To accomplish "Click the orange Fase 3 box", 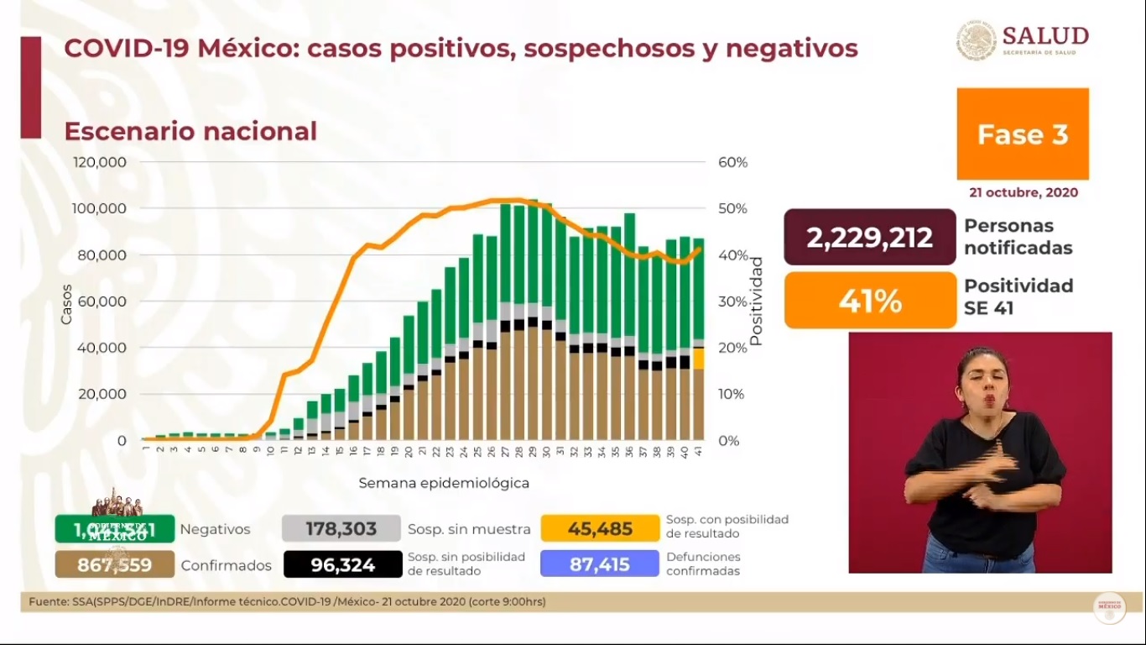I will (x=1023, y=134).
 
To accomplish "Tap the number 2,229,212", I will (x=869, y=238).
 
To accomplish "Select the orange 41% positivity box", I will (x=870, y=300).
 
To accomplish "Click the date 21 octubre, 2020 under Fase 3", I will (x=1023, y=192).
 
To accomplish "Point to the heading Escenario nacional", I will (x=190, y=132).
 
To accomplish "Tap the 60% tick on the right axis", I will (x=732, y=162).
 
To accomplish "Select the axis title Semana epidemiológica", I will (x=444, y=484).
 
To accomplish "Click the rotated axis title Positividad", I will (x=756, y=302).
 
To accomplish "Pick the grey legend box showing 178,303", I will (x=341, y=529).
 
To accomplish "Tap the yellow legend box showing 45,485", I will (x=599, y=529).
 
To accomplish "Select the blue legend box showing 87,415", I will (x=599, y=564).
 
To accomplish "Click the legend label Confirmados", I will (x=227, y=566).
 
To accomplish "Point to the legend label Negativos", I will (x=215, y=530).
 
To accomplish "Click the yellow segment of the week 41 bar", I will (x=699, y=359).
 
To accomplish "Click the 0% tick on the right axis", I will (x=728, y=440).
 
